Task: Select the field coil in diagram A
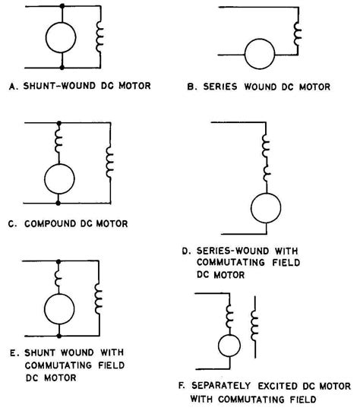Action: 99,36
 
